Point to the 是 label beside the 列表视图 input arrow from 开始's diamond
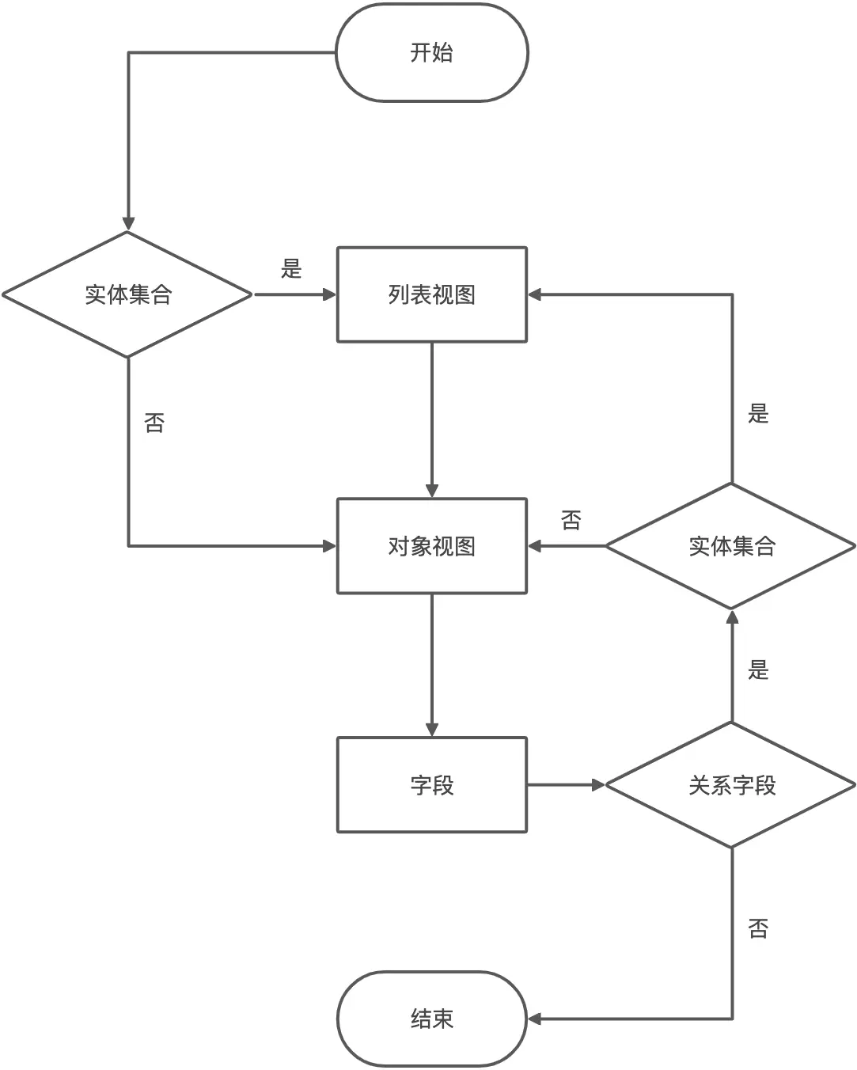[x=291, y=269]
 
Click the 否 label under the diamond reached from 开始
[x=154, y=423]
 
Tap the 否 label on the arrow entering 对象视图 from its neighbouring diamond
[x=571, y=521]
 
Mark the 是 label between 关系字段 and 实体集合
[x=758, y=670]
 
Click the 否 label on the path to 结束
[x=758, y=928]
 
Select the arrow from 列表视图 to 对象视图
[x=431, y=419]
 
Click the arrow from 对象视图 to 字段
[x=431, y=665]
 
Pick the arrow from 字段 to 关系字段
[x=565, y=785]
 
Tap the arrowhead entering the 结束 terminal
[x=535, y=1019]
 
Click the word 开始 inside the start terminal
[x=431, y=53]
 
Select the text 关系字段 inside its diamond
[x=732, y=786]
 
